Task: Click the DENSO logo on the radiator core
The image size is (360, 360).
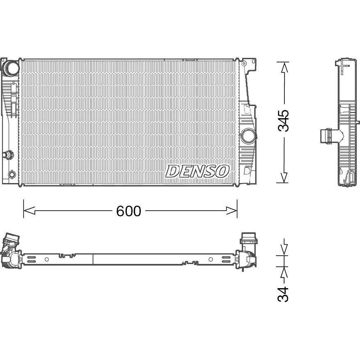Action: pyautogui.click(x=197, y=171)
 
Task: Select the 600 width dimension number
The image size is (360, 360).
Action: pyautogui.click(x=128, y=211)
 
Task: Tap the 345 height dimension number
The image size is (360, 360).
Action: pyautogui.click(x=284, y=121)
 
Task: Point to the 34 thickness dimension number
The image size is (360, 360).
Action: pyautogui.click(x=283, y=294)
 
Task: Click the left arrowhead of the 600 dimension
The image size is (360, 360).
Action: pyautogui.click(x=29, y=211)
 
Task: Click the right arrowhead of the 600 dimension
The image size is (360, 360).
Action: pyautogui.click(x=232, y=211)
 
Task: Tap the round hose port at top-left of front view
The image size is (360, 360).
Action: pyautogui.click(x=11, y=68)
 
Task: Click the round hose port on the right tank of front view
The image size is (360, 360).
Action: pyautogui.click(x=249, y=136)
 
